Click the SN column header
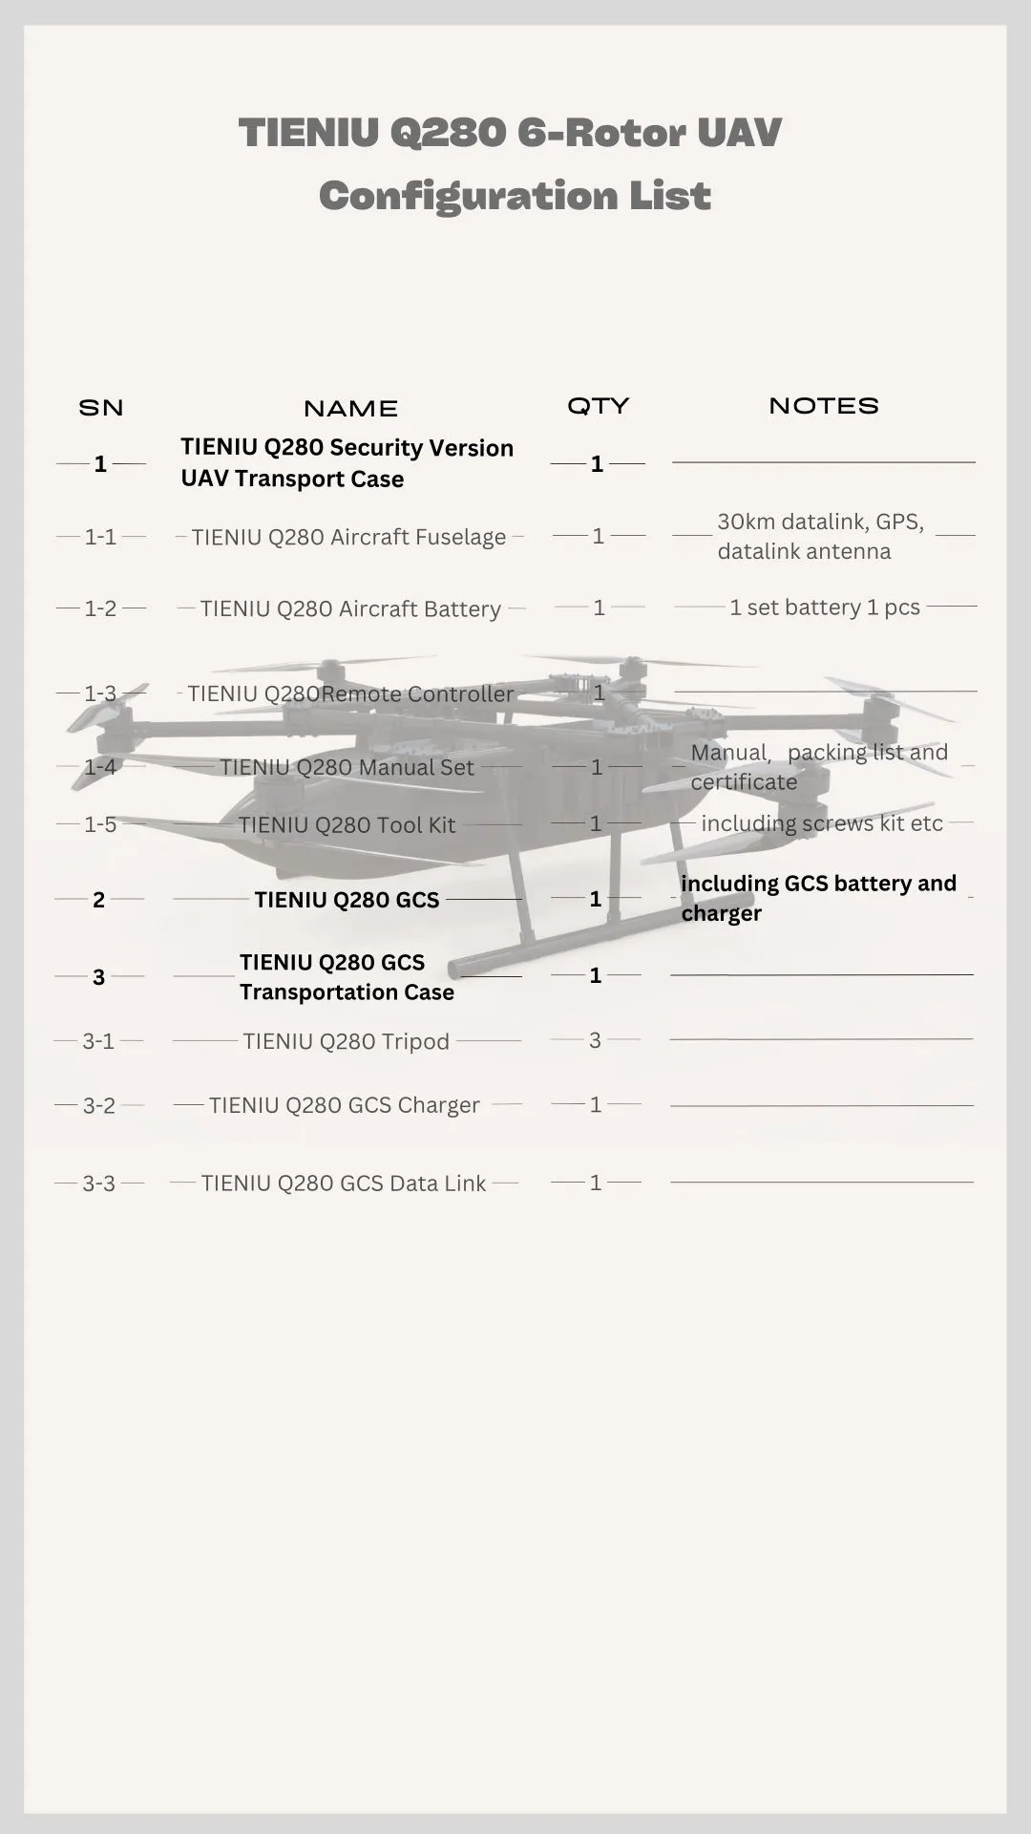click(x=101, y=408)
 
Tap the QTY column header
click(x=599, y=406)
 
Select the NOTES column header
click(x=824, y=406)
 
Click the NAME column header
click(x=350, y=409)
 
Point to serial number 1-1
click(x=100, y=537)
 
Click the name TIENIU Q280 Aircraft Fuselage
click(x=348, y=537)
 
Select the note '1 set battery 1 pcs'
click(x=825, y=608)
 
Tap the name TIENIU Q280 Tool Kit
click(x=347, y=825)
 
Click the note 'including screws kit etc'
click(x=822, y=823)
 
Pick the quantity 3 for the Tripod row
click(x=596, y=1040)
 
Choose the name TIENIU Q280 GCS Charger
click(x=345, y=1105)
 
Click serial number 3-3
click(x=98, y=1184)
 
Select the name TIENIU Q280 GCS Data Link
click(x=344, y=1184)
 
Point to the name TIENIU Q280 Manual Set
click(x=347, y=767)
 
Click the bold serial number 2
click(x=98, y=900)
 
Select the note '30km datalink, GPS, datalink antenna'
click(x=819, y=537)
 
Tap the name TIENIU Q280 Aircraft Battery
click(x=350, y=609)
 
